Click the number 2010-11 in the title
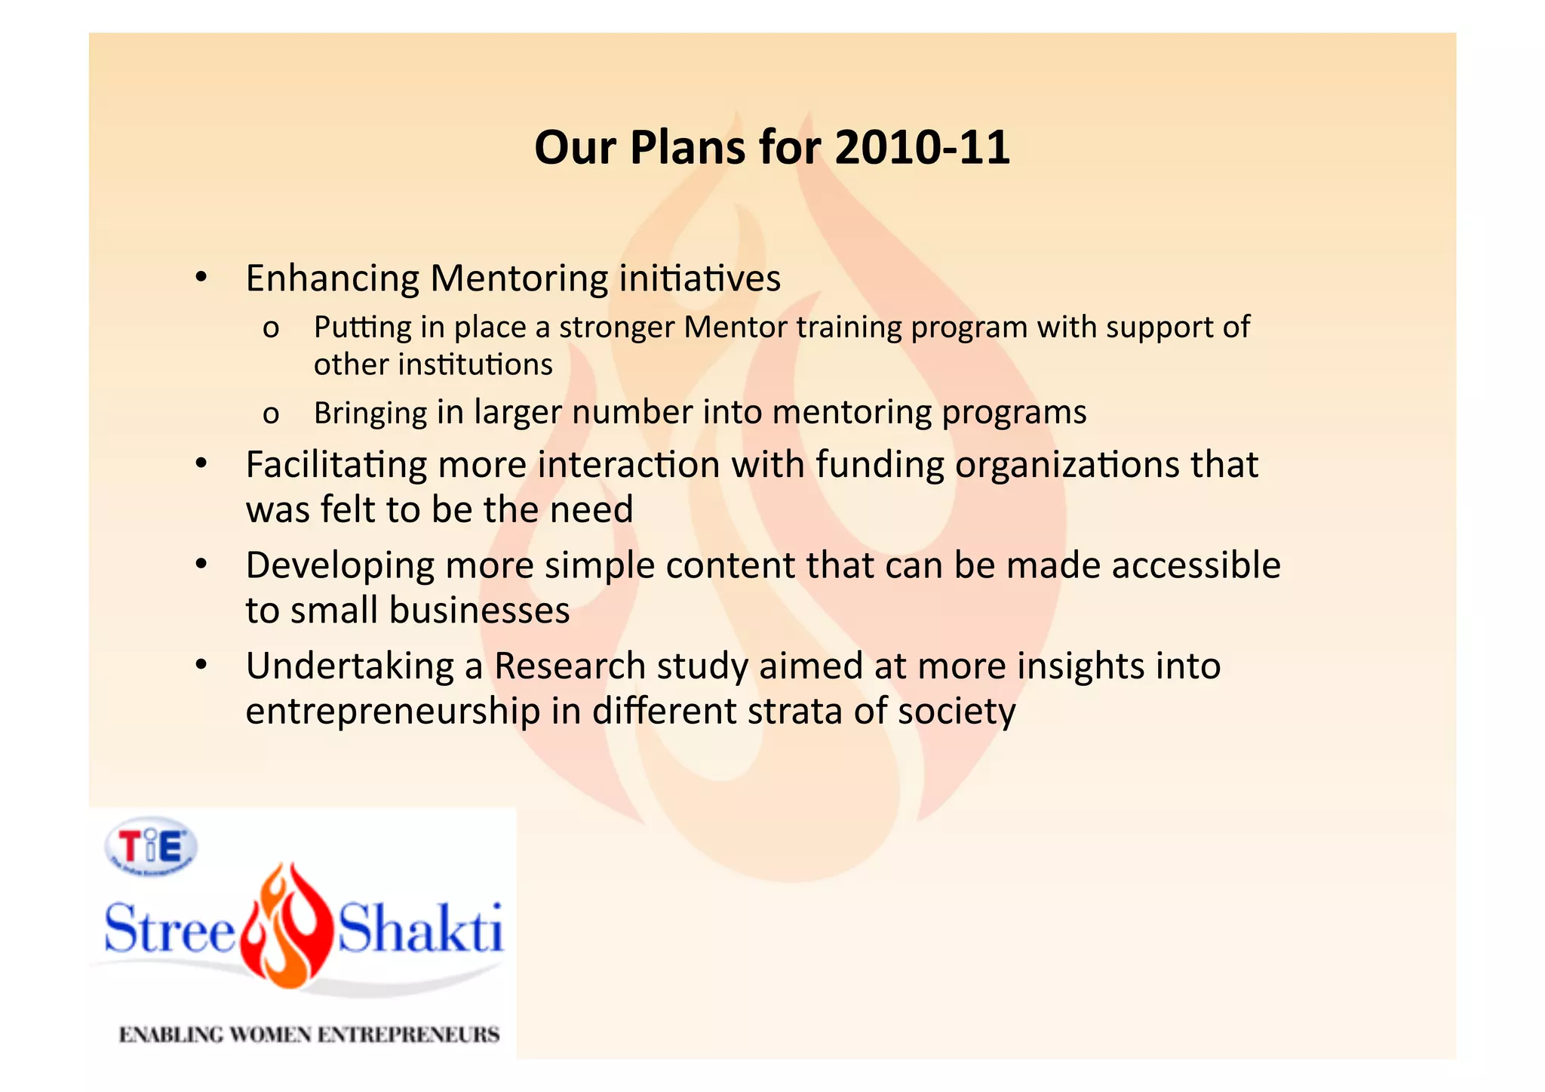point(922,147)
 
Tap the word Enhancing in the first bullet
point(332,278)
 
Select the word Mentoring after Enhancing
point(519,278)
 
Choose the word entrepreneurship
point(393,712)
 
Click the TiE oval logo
point(151,847)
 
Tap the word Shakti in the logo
point(419,929)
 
